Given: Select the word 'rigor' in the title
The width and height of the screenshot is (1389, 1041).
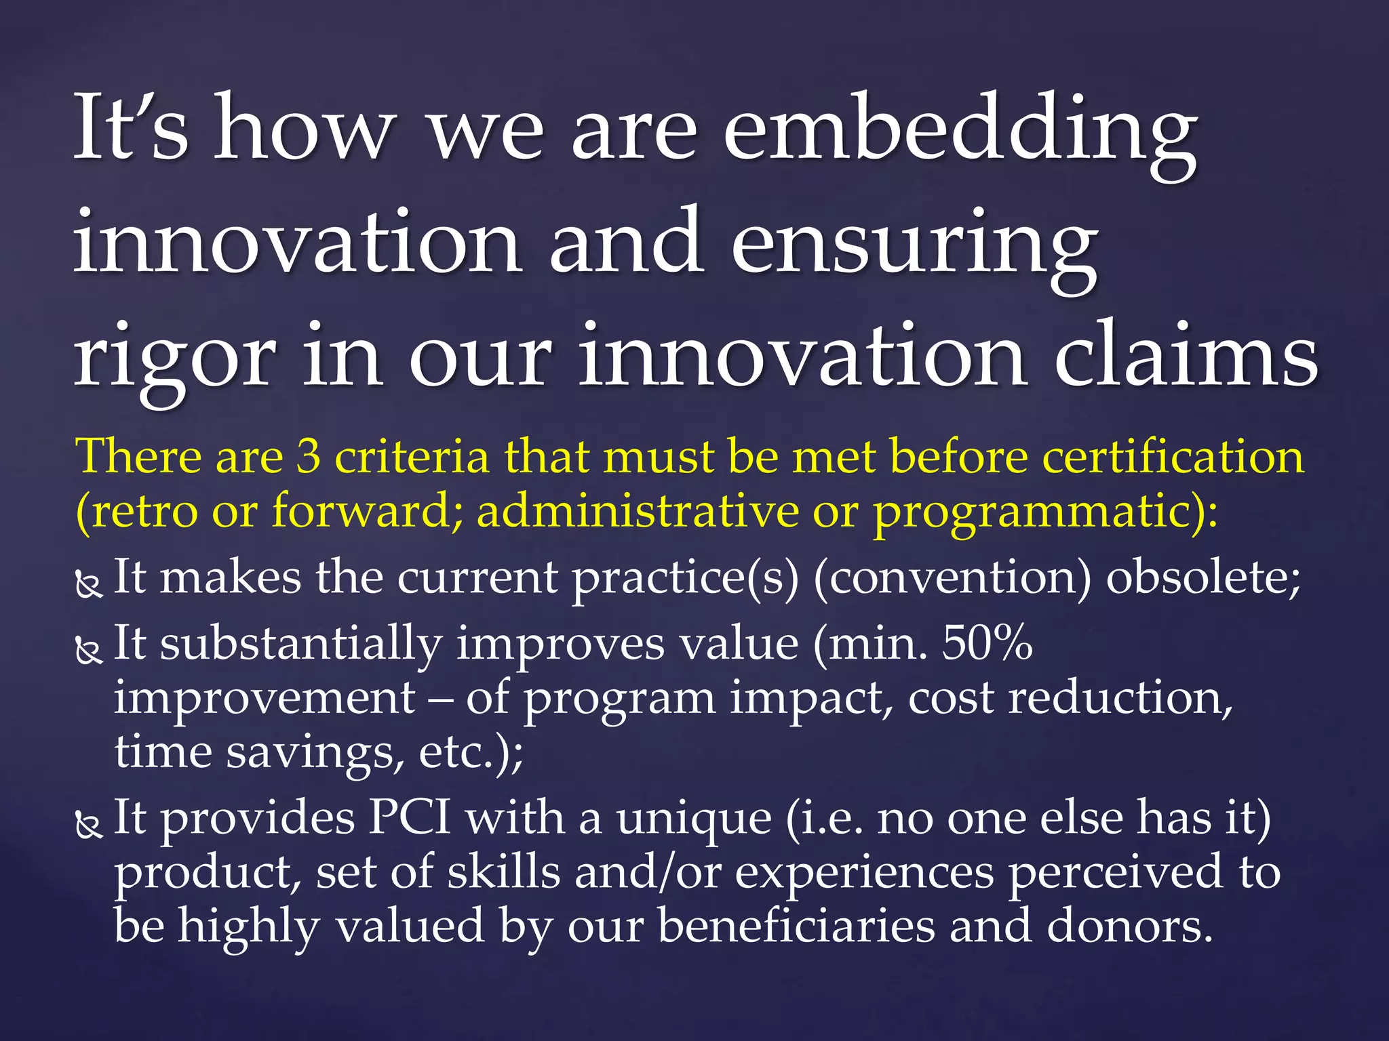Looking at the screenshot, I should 174,359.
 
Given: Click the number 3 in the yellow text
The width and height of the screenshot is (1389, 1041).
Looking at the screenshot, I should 309,456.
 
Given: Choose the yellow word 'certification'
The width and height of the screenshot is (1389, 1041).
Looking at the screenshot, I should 1173,456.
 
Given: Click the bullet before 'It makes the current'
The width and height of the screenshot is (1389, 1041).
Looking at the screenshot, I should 88,584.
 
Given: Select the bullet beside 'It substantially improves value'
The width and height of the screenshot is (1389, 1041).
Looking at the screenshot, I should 88,651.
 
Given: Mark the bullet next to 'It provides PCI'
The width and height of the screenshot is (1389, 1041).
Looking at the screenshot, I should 88,825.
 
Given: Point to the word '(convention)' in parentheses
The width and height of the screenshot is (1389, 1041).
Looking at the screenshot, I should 952,578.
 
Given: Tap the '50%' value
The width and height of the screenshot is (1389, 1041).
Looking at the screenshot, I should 987,642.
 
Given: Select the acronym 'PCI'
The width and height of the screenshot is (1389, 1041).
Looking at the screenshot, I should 410,817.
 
